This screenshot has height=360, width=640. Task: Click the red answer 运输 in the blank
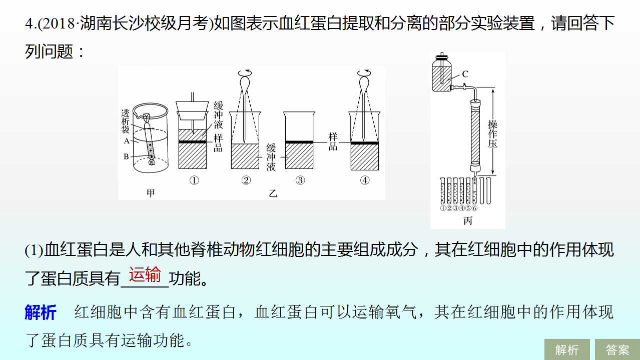(x=145, y=274)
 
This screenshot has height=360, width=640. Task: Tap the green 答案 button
(x=617, y=349)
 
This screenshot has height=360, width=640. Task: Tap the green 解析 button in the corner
(x=567, y=349)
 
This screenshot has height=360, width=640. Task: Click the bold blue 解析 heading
(x=41, y=312)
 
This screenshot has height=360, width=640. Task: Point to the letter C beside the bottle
(x=465, y=74)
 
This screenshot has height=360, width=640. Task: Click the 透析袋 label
(x=125, y=121)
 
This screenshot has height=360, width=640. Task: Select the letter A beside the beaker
(x=127, y=140)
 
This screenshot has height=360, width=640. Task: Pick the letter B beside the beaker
(x=126, y=156)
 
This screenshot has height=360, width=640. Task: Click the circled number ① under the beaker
(x=194, y=180)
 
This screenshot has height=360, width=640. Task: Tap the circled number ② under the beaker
(x=246, y=180)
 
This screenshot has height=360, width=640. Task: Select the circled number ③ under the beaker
(x=300, y=180)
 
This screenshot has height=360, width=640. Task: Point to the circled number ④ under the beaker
(x=365, y=180)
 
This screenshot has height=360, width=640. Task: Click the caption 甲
(x=151, y=193)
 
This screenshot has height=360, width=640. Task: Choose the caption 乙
(x=273, y=193)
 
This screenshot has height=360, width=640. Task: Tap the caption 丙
(x=468, y=220)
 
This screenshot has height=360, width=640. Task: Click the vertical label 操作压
(x=492, y=134)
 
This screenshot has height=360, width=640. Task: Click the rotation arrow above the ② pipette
(x=245, y=73)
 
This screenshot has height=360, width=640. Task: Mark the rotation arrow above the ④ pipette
(x=364, y=73)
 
